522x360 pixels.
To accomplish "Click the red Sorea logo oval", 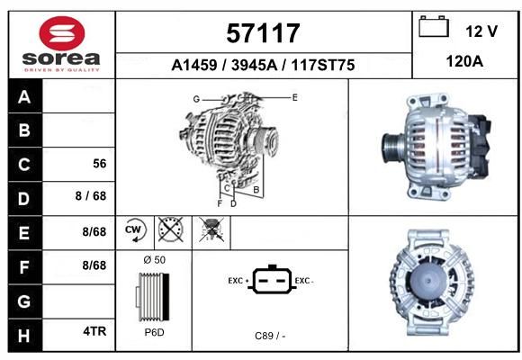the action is [62, 33].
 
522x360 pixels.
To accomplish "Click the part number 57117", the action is [263, 33].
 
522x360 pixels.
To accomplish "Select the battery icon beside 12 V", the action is [434, 27].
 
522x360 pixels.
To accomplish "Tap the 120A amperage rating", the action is [464, 61].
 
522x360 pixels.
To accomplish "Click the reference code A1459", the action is [194, 65].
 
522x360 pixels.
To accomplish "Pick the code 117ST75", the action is [323, 65].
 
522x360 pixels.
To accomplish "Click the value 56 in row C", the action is [100, 164].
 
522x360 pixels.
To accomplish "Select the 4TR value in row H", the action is [94, 331].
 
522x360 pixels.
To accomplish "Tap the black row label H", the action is [25, 335].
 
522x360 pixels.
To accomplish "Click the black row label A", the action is [25, 96].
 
